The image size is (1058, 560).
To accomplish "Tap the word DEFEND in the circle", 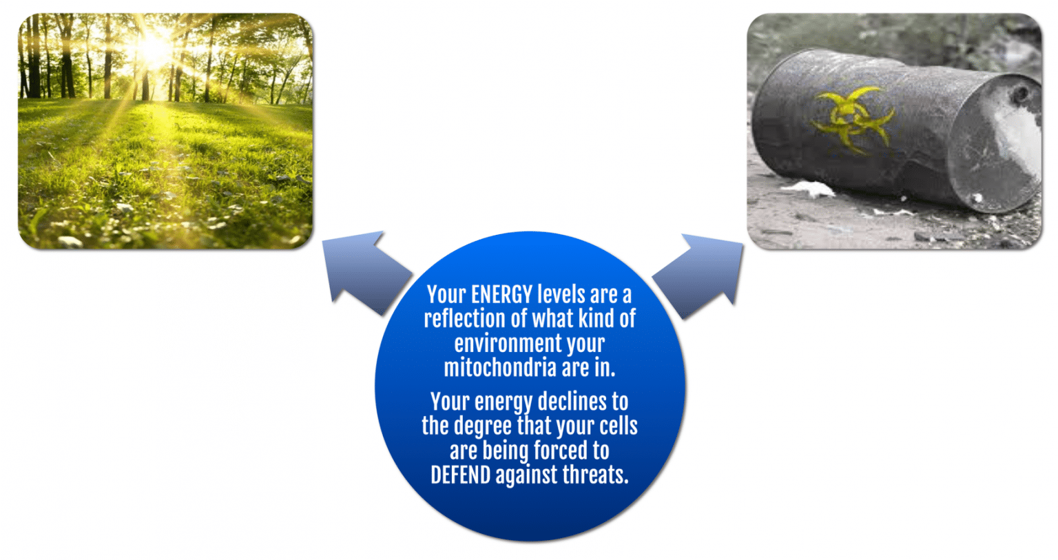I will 460,475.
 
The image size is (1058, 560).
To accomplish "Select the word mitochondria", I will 499,368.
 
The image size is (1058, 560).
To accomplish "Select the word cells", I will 618,426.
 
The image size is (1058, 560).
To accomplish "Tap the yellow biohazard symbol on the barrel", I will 853,116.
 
